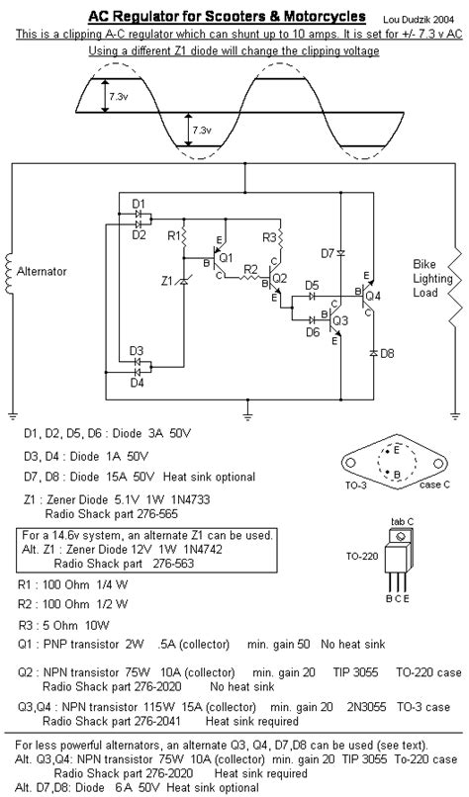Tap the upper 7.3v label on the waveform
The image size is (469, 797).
119,97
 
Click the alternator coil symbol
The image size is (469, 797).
11,270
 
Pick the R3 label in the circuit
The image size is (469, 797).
269,238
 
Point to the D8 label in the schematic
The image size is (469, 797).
387,353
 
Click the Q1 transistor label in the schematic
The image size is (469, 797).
226,258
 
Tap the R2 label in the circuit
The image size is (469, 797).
250,269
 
